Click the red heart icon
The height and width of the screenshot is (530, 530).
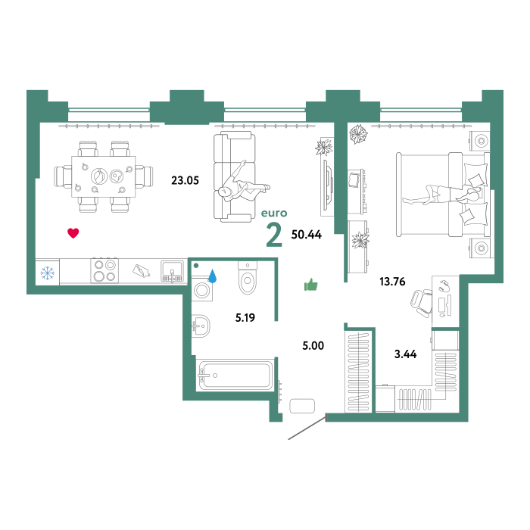tap(73, 233)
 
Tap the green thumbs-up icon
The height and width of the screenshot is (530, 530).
tap(311, 285)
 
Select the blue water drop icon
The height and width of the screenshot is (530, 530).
tap(212, 276)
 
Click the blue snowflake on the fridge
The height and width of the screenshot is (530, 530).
tap(47, 273)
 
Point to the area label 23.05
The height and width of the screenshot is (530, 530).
tap(185, 180)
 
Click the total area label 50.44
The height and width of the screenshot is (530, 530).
tap(306, 235)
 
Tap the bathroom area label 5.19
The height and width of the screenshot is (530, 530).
tap(245, 318)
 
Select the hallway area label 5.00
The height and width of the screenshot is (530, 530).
tap(313, 345)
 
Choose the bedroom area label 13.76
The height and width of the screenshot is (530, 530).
tap(392, 282)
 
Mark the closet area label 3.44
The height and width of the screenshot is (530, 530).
tap(405, 354)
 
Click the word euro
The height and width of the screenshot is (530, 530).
tap(274, 213)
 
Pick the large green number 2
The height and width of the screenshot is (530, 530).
tap(274, 235)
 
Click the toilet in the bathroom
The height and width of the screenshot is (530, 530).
tap(248, 277)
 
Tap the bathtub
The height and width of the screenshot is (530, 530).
tap(235, 376)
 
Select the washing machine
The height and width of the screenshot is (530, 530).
tap(202, 289)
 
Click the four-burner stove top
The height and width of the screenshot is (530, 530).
tap(104, 271)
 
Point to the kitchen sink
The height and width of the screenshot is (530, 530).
tap(173, 271)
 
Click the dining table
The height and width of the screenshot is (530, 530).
tap(104, 176)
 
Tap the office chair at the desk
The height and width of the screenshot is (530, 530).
tap(422, 303)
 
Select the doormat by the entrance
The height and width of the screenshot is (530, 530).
tap(302, 406)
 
